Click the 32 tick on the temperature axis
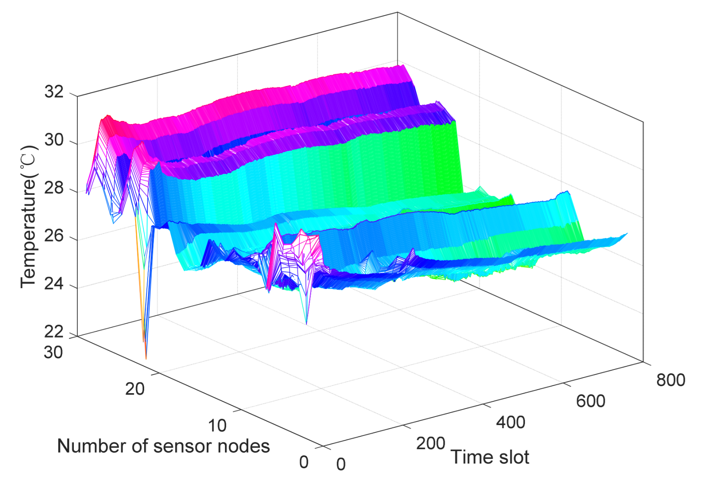coord(54,92)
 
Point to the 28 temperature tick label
coord(54,188)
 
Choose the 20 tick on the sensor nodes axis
coord(135,389)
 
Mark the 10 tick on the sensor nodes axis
coord(217,426)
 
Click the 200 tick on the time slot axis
coord(430,443)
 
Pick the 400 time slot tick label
coord(510,422)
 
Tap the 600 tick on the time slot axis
coord(591,401)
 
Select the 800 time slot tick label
coord(670,380)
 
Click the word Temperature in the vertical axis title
coord(28,233)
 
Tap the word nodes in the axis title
coord(244,446)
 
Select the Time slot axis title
coord(490,457)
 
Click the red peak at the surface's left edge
coord(107,116)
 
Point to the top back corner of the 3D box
coord(397,12)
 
